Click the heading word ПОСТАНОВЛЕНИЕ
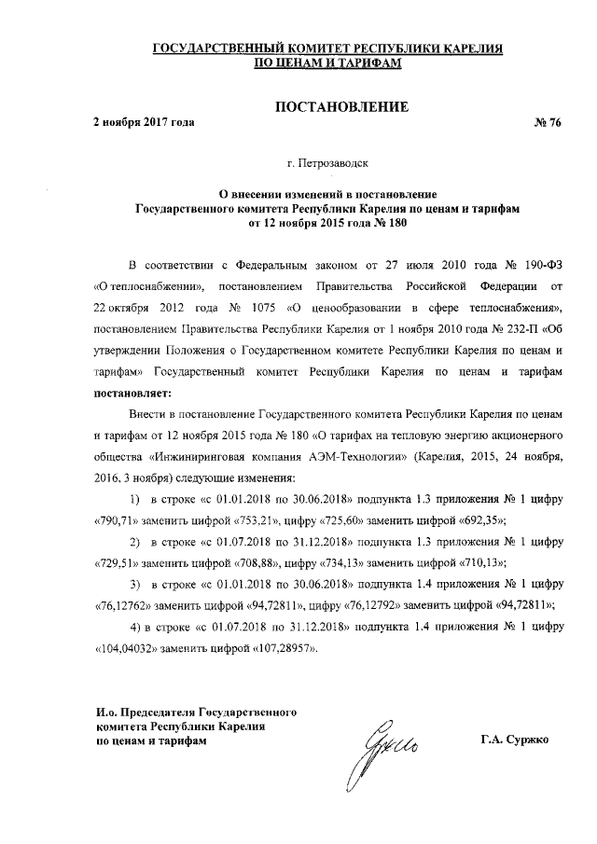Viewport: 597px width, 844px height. click(340, 107)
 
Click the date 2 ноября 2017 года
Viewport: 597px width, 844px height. click(144, 124)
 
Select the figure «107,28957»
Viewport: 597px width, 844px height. click(284, 649)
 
